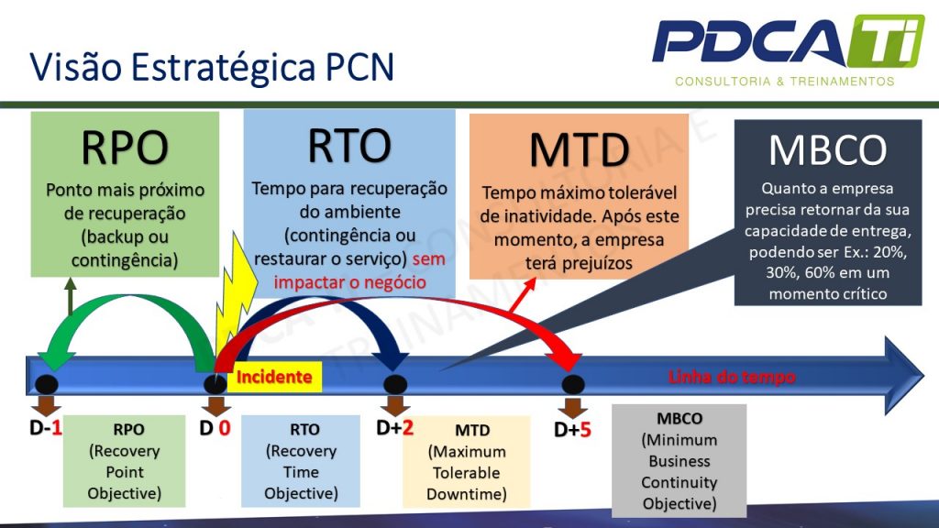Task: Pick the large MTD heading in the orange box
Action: pos(579,150)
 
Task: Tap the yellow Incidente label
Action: pos(274,377)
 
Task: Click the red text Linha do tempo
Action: pos(731,377)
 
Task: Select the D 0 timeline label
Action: pos(215,427)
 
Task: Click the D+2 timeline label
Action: pos(395,427)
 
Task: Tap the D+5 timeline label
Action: pos(572,428)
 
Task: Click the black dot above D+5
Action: pos(572,384)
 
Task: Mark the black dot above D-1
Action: pos(47,384)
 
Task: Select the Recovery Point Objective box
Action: pos(125,461)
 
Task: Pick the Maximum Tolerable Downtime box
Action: pos(466,462)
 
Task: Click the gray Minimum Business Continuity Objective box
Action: pos(679,461)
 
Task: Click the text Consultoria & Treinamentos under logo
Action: pos(784,82)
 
